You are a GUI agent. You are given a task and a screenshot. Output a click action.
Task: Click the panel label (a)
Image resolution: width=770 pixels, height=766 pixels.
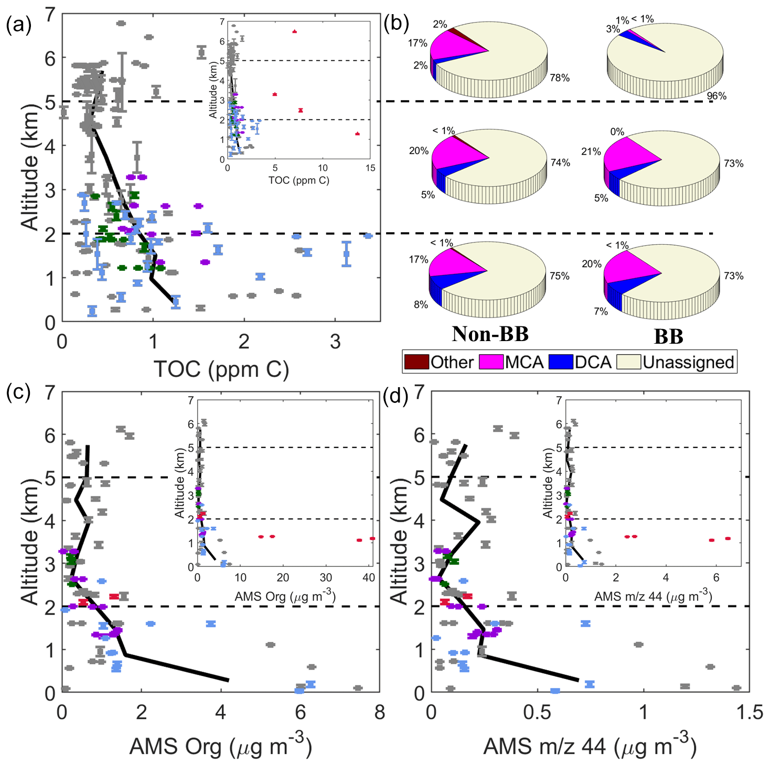point(19,25)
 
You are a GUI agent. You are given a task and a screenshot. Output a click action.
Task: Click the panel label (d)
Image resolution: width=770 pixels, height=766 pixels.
point(397,397)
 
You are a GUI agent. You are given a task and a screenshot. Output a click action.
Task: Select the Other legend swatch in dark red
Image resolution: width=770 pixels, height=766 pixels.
point(416,362)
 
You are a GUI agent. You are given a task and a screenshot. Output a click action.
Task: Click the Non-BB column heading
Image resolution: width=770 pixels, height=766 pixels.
point(490,334)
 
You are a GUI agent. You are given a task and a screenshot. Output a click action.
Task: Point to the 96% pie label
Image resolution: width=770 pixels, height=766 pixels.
point(716,96)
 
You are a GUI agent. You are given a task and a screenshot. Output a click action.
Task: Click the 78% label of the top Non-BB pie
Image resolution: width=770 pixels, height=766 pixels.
point(560,78)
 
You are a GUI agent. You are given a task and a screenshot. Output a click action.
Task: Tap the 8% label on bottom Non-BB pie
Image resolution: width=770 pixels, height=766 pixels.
point(421,304)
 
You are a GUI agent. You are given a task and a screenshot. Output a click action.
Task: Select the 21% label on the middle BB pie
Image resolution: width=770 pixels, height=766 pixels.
point(591,151)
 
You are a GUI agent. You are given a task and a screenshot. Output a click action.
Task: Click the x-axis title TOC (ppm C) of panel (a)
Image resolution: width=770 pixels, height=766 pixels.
point(221,369)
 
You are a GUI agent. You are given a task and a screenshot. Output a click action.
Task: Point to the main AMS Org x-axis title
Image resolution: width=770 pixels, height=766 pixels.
point(220,746)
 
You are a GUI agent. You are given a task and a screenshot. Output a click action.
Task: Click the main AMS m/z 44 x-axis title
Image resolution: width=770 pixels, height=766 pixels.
point(590,746)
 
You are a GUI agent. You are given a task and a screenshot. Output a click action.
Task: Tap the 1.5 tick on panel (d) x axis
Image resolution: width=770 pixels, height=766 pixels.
point(749,713)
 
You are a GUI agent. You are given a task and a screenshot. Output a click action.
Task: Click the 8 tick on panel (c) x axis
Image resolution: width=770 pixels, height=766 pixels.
point(380,713)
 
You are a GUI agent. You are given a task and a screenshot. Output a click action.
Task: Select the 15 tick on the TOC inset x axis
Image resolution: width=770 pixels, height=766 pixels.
point(370,168)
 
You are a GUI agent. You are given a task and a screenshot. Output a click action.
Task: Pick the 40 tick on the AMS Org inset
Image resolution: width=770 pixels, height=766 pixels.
point(369,577)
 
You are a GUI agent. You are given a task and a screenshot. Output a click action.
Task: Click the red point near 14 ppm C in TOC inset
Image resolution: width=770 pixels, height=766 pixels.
point(357,134)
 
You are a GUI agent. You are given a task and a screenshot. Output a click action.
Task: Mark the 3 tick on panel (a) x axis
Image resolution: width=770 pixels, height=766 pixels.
point(335,342)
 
